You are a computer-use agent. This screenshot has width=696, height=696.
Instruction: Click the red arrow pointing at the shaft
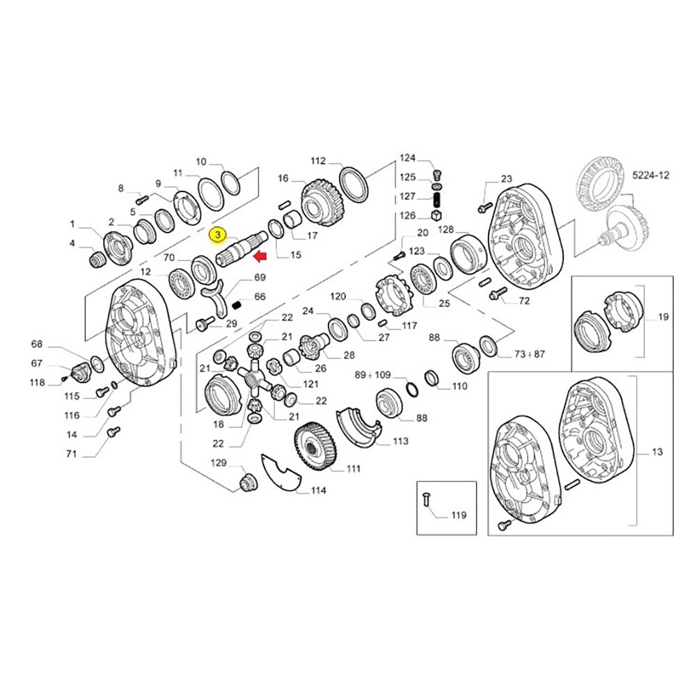(x=261, y=258)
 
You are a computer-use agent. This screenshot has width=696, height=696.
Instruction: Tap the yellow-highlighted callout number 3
(x=218, y=235)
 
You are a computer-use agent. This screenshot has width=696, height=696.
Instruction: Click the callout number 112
(x=317, y=161)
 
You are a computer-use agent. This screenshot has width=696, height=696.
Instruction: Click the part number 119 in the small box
(x=459, y=516)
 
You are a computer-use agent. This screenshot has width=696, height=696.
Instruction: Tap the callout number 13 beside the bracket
(x=657, y=452)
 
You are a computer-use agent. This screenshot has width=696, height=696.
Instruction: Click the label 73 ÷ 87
(x=530, y=354)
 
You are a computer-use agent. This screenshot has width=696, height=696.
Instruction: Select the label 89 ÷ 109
(x=372, y=374)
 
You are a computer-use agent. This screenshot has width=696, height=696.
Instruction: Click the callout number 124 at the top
(x=407, y=157)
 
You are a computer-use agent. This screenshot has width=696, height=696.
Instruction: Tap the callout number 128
(x=446, y=230)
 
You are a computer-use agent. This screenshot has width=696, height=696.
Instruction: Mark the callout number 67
(x=36, y=363)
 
